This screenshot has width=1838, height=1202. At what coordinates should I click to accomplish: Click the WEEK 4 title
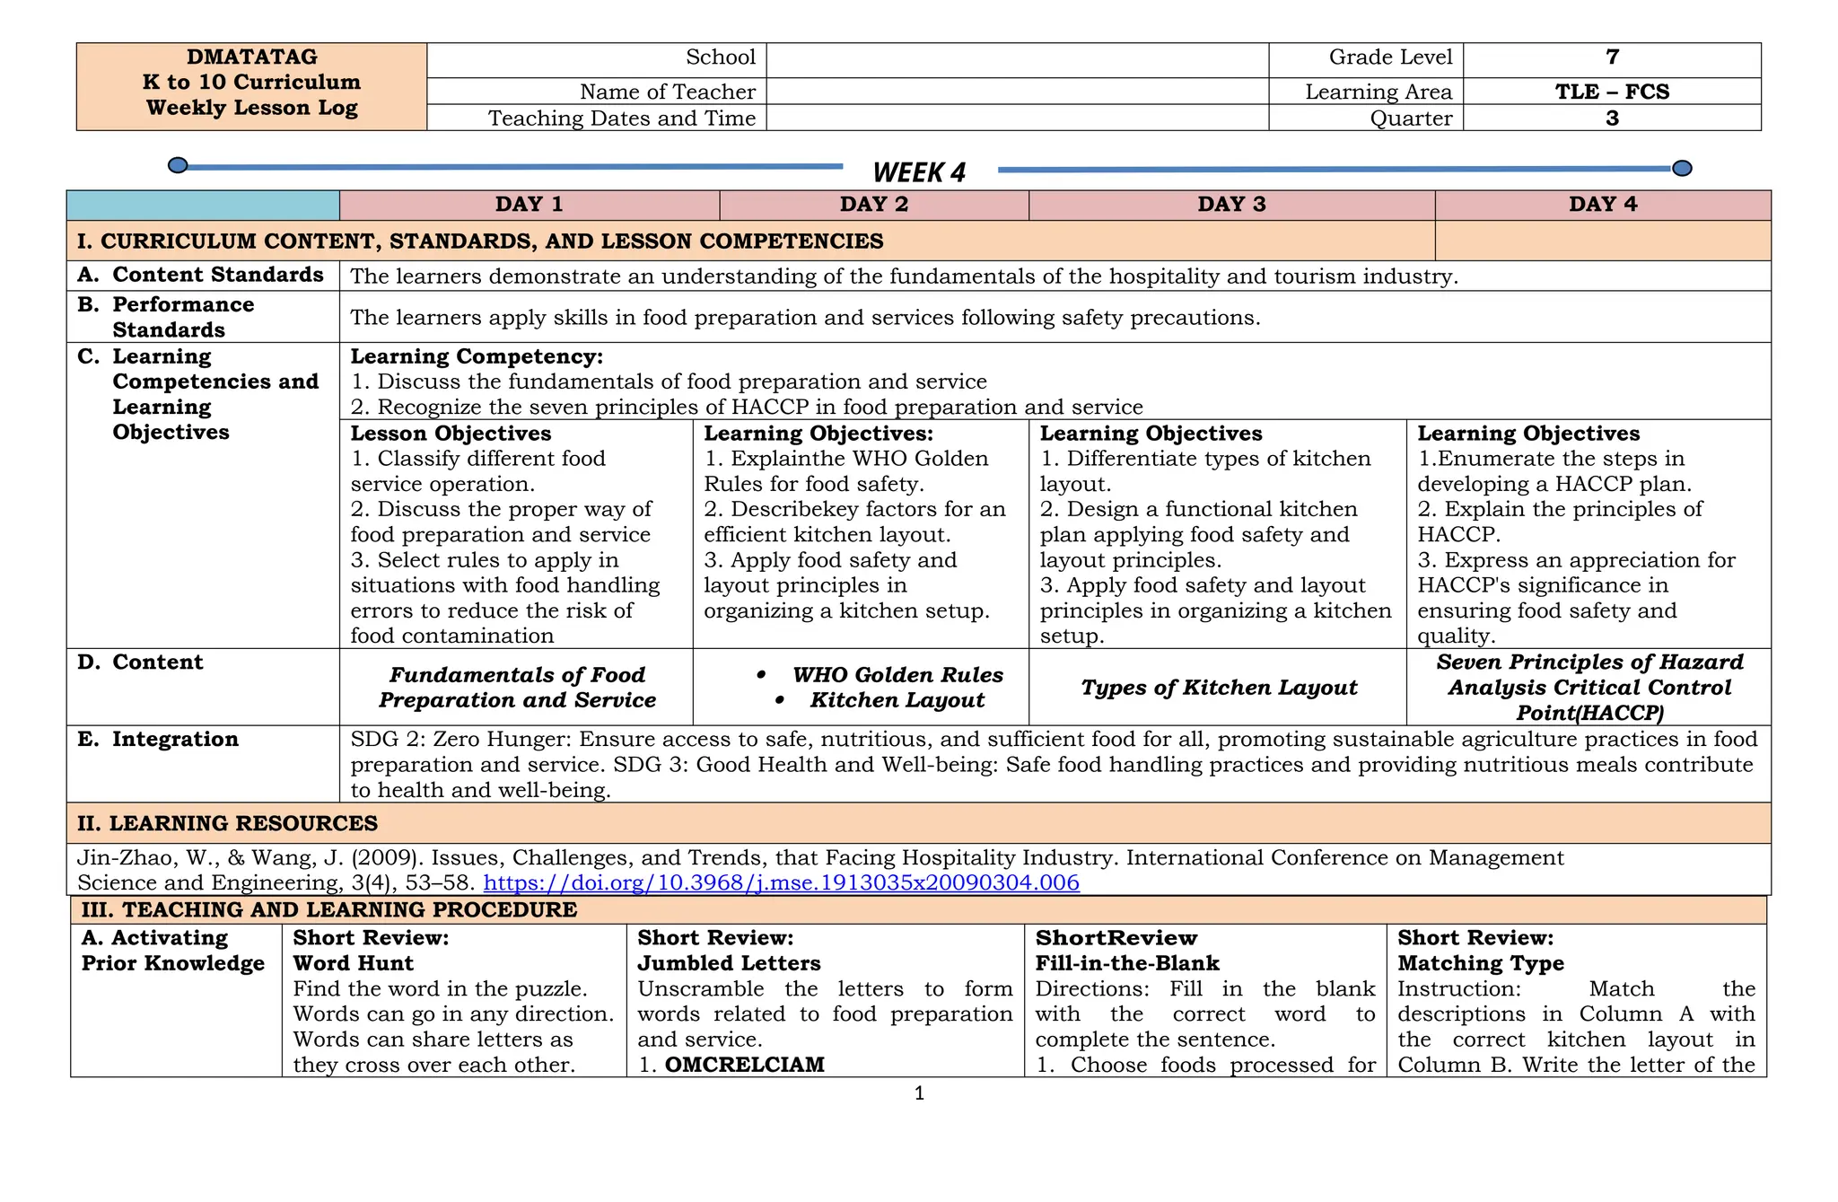pyautogui.click(x=918, y=172)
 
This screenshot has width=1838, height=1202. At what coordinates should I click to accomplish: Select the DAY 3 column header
pyautogui.click(x=1230, y=205)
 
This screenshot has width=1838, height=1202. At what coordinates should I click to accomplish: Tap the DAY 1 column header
pyautogui.click(x=529, y=205)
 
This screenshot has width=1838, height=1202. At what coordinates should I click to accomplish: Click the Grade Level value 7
pyautogui.click(x=1612, y=57)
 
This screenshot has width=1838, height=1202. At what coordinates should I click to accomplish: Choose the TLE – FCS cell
pyautogui.click(x=1612, y=92)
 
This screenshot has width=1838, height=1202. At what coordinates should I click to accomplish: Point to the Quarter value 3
pyautogui.click(x=1612, y=118)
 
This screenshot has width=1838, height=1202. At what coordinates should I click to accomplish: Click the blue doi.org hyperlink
pyautogui.click(x=781, y=882)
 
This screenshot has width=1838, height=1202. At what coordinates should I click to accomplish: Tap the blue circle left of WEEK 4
pyautogui.click(x=178, y=165)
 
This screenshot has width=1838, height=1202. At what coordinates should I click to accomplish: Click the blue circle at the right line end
pyautogui.click(x=1683, y=168)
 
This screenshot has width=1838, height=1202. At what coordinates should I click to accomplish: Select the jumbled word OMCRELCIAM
pyautogui.click(x=744, y=1065)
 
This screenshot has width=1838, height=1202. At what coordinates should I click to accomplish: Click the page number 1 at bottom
pyautogui.click(x=918, y=1093)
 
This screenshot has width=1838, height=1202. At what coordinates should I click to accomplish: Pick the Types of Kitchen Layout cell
pyautogui.click(x=1218, y=688)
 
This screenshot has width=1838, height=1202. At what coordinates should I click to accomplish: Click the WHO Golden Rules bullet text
pyautogui.click(x=897, y=675)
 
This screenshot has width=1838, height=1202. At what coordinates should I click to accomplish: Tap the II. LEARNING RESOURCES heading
pyautogui.click(x=227, y=823)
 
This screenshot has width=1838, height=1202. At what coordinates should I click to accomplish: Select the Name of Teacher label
pyautogui.click(x=667, y=92)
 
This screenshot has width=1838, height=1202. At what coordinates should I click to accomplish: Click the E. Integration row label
pyautogui.click(x=174, y=740)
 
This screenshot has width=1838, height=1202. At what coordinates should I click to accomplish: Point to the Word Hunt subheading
pyautogui.click(x=353, y=963)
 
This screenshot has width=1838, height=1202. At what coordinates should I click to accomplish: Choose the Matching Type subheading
pyautogui.click(x=1480, y=963)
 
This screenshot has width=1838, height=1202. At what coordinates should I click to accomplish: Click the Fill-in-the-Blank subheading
pyautogui.click(x=1126, y=963)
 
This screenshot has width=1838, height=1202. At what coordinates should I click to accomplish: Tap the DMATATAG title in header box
pyautogui.click(x=251, y=57)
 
